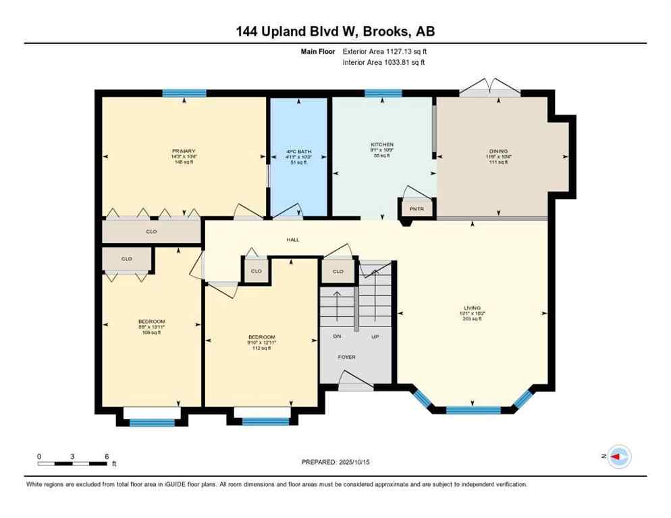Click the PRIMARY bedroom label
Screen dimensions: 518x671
pos(184,150)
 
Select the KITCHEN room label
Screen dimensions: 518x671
pos(381,144)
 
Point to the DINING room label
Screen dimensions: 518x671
pos(498,151)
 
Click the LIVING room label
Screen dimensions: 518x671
pos(472,308)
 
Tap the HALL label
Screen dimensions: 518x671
pos(292,239)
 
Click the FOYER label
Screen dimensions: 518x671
pos(346,357)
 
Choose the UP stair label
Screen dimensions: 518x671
pos(375,336)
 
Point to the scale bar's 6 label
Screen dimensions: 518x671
pos(107,456)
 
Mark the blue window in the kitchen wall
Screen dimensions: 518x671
pos(383,93)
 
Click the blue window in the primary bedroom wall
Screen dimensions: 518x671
pos(184,93)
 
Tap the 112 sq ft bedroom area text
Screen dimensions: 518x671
pos(261,349)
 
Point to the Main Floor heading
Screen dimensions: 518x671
pos(319,51)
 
